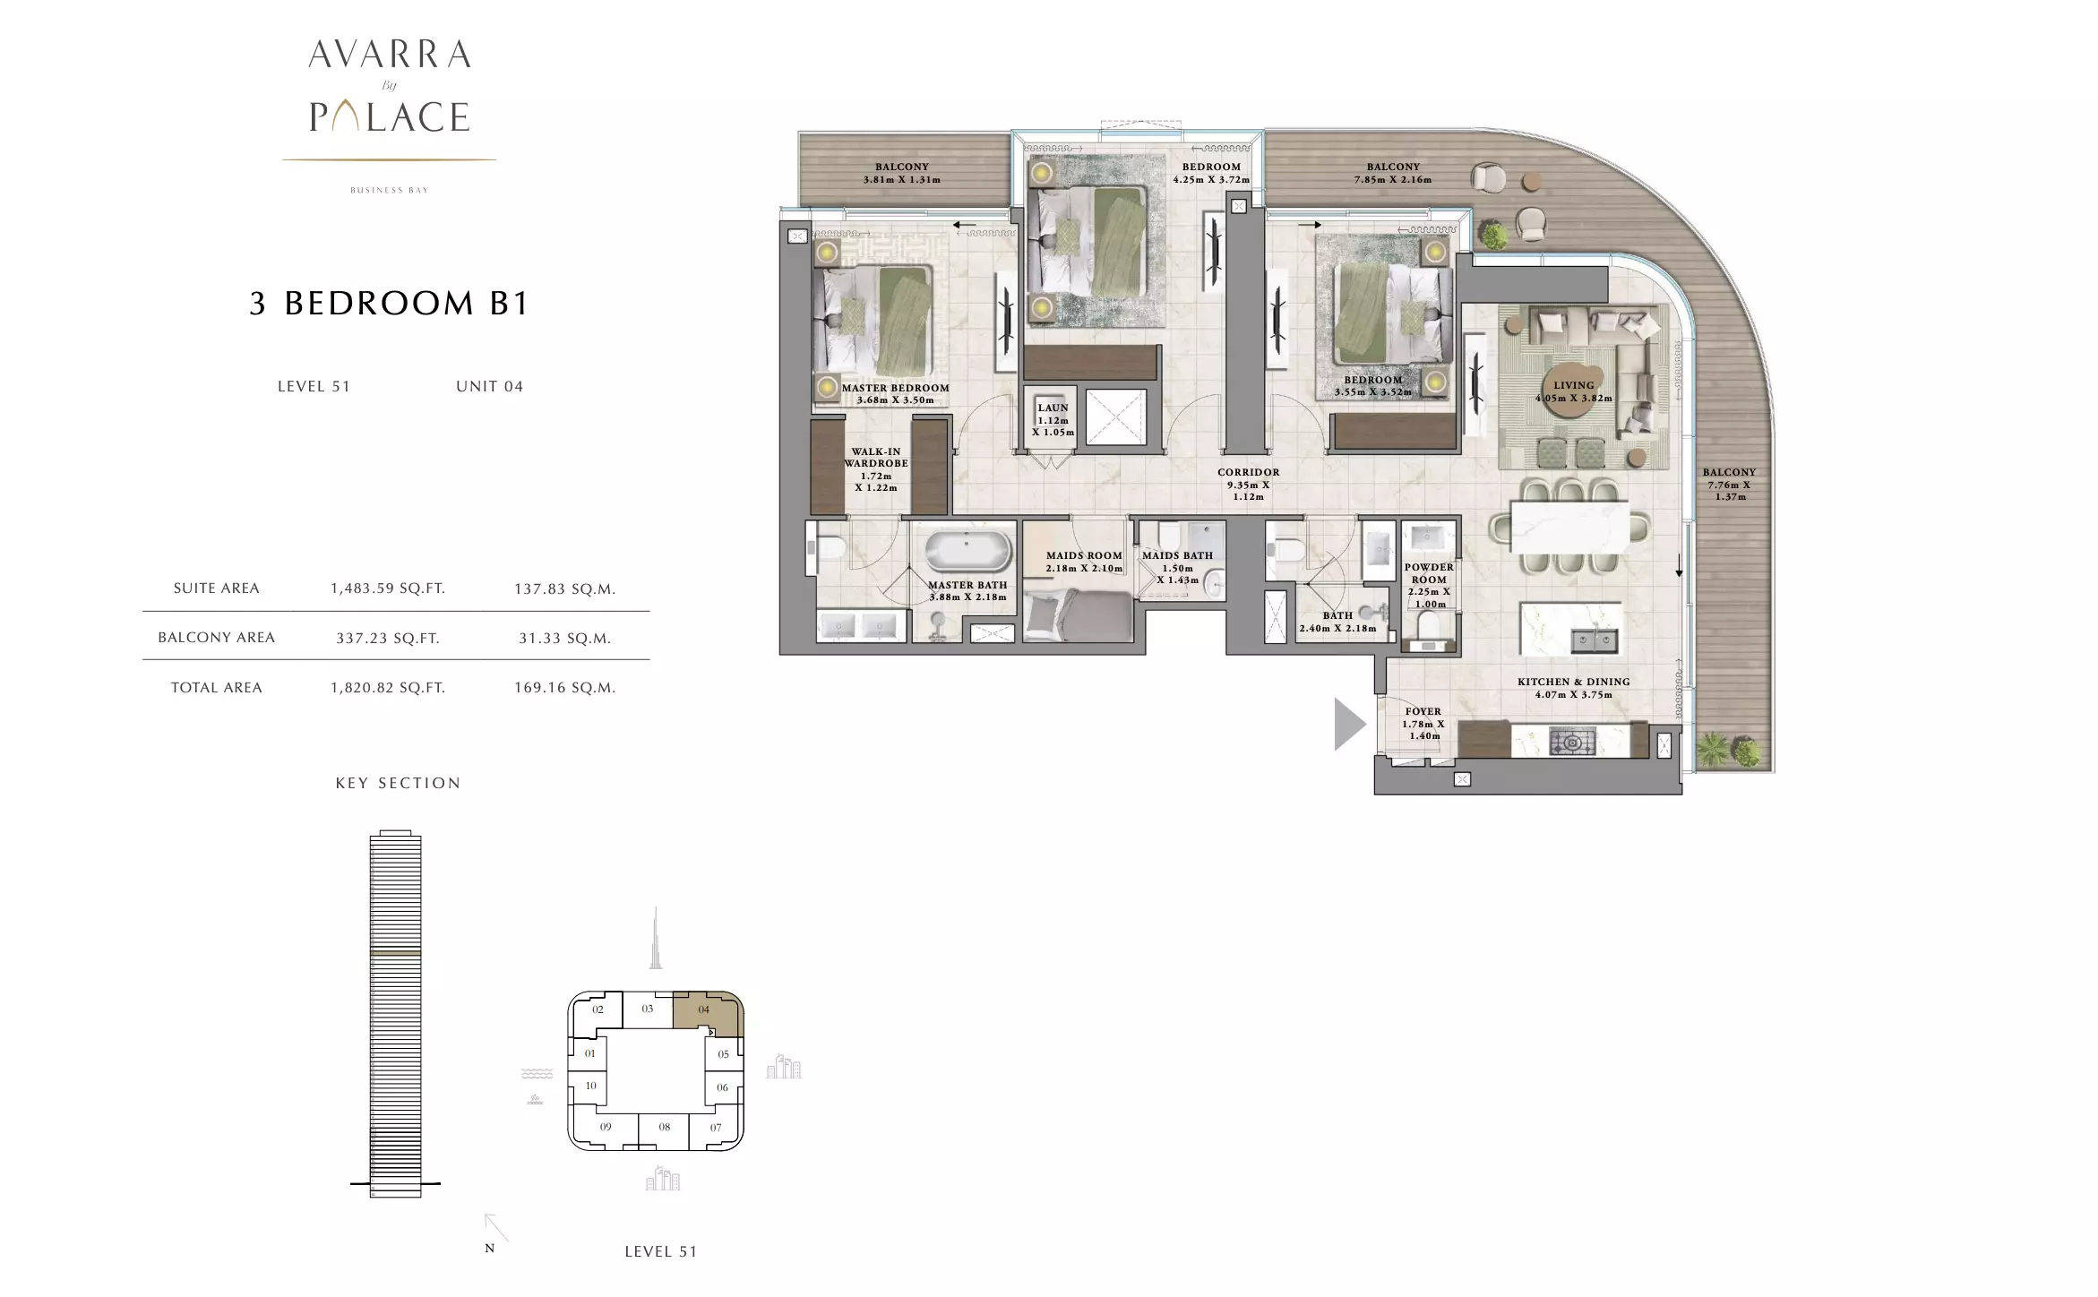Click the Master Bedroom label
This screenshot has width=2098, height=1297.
895,394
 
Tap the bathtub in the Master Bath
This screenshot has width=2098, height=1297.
968,551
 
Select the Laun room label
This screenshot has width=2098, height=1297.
1053,419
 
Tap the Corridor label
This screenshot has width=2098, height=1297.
1248,484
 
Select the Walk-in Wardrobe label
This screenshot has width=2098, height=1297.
875,469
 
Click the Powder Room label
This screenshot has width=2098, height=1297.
1429,585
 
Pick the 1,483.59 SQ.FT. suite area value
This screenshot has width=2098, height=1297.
388,588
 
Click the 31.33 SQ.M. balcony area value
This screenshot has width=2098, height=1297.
564,638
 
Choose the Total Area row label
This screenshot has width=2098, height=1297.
217,687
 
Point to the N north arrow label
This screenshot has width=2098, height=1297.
489,1248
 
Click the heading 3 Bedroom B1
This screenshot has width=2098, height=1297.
390,303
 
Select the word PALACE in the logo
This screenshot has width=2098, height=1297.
390,116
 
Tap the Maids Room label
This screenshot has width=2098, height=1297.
1084,562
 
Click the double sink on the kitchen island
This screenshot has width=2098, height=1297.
1595,640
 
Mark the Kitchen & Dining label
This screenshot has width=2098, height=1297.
1573,688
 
